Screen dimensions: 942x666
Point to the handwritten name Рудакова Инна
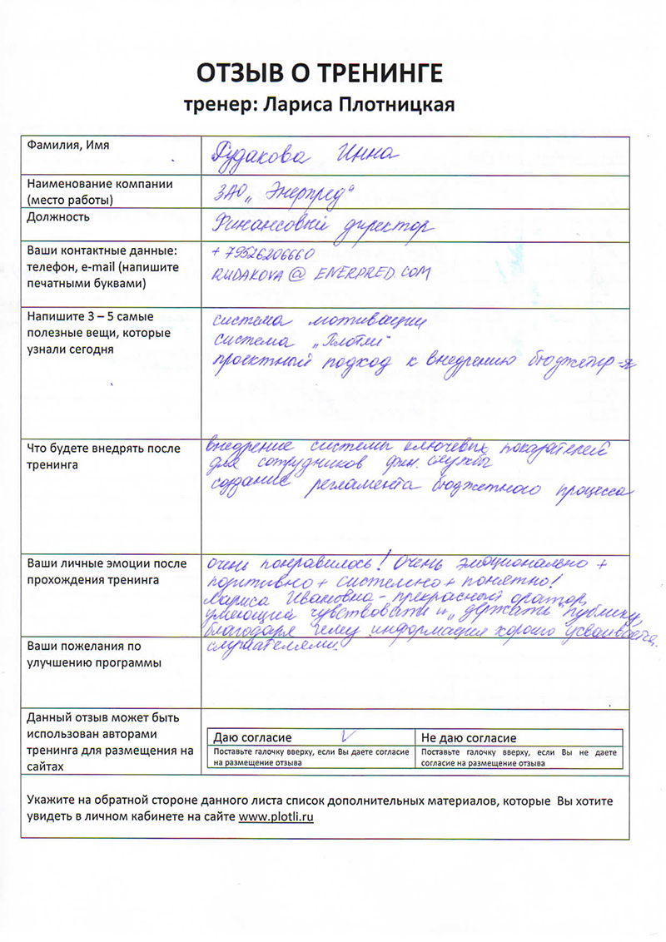pos(307,155)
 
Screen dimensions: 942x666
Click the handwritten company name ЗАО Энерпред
pos(284,194)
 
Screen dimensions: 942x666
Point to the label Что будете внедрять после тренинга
pos(105,457)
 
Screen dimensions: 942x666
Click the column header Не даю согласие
pos(469,738)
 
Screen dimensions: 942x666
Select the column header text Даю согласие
pos(253,738)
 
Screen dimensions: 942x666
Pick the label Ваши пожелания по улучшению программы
pos(84,654)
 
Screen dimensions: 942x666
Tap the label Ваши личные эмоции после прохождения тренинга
pos(107,571)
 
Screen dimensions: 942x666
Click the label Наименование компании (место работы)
pos(100,192)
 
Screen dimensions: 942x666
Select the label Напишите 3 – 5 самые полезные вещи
pos(99,333)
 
